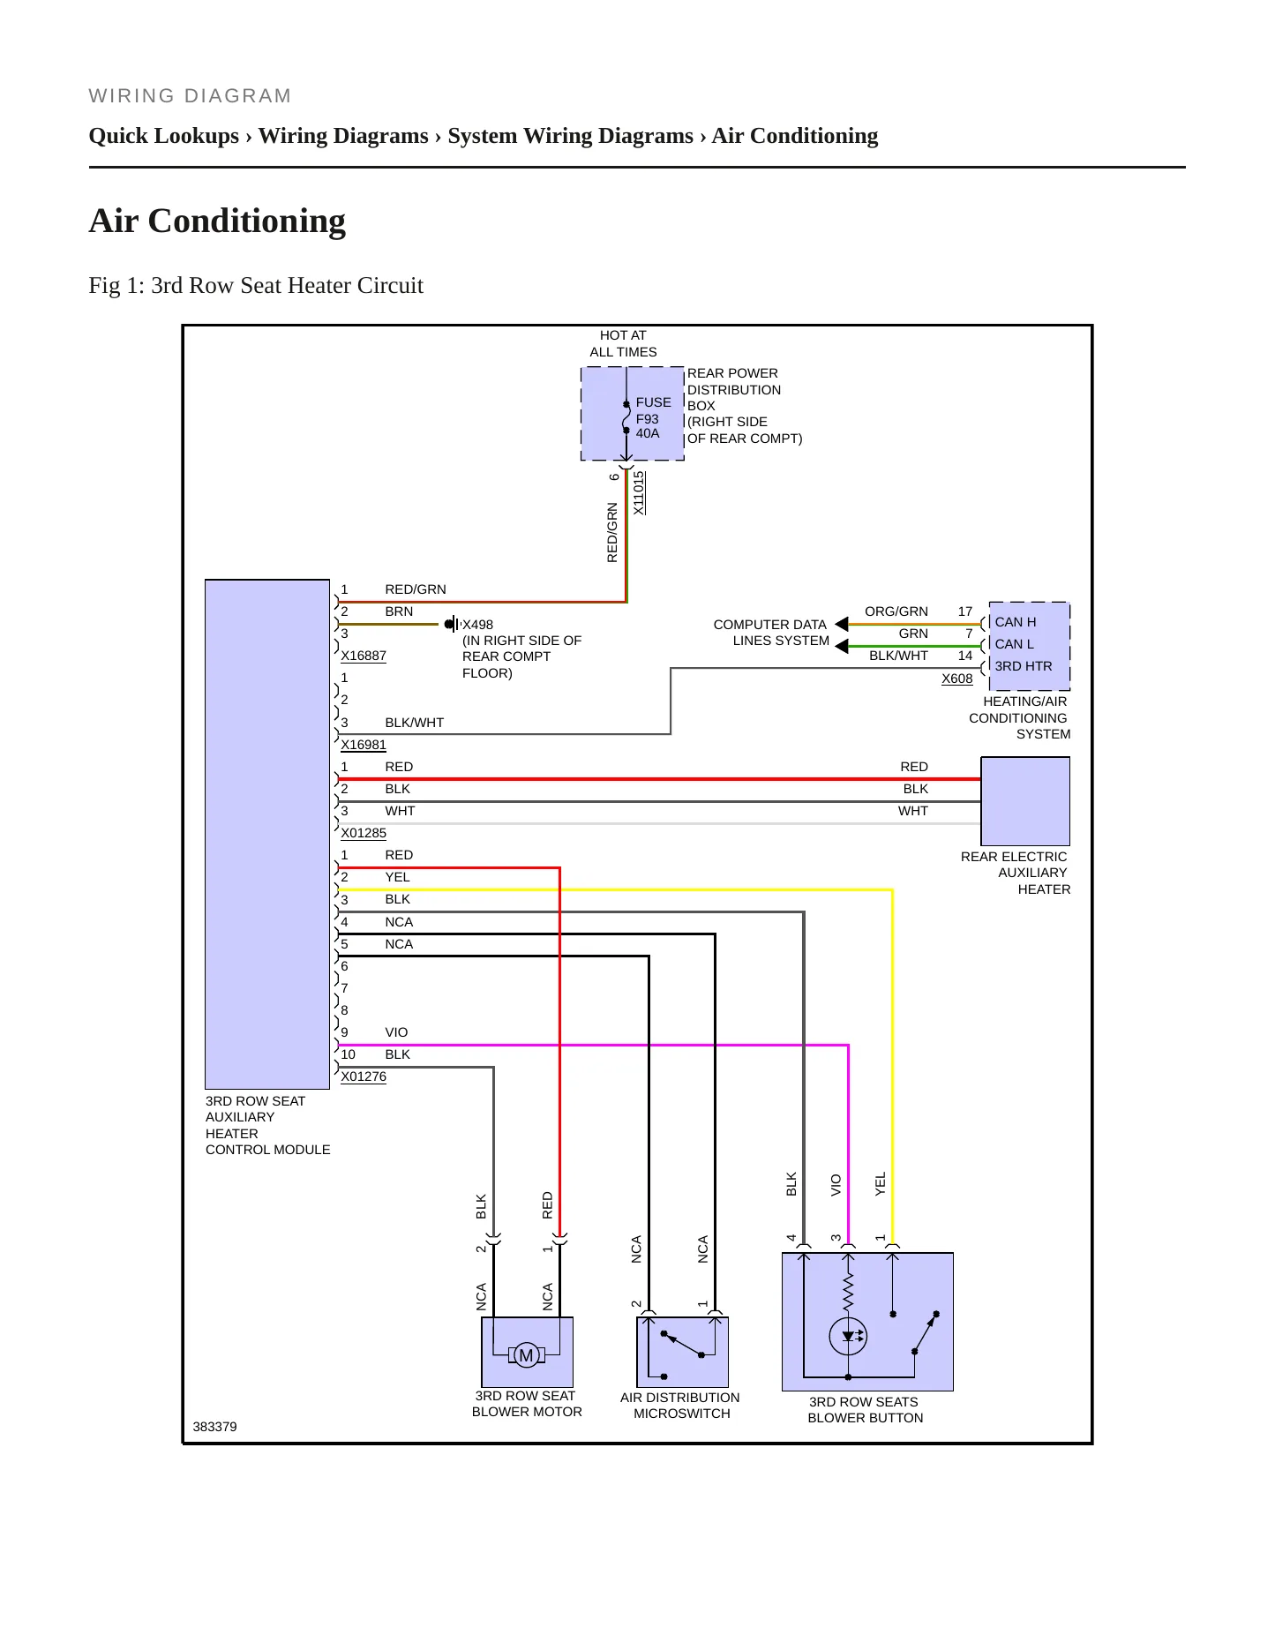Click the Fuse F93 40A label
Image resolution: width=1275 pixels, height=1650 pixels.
click(x=653, y=417)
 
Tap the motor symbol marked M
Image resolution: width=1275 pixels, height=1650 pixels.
click(x=526, y=1355)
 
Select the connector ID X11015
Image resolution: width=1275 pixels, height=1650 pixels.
click(x=639, y=492)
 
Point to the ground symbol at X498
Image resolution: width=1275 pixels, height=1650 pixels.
click(x=452, y=624)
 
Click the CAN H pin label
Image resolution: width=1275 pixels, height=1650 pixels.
click(x=1015, y=622)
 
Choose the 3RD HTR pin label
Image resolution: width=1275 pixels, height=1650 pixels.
click(x=1023, y=666)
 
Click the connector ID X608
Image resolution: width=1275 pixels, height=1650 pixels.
click(x=956, y=679)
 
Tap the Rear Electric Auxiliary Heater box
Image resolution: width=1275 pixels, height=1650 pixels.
click(x=1025, y=801)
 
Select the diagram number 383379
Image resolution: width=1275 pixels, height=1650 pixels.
click(x=214, y=1427)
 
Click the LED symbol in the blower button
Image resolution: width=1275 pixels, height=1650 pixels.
click(x=848, y=1337)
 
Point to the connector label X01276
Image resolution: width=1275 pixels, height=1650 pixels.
click(x=364, y=1076)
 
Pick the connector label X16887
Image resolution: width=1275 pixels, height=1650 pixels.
click(x=364, y=656)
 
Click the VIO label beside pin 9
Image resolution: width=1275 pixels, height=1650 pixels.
click(x=396, y=1032)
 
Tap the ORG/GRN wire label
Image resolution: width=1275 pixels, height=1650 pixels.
click(x=896, y=611)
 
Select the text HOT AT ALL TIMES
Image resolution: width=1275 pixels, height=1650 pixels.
click(x=623, y=343)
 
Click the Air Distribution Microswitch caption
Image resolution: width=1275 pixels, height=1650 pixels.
click(x=680, y=1406)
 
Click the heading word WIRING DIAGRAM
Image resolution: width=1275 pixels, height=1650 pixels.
click(x=190, y=95)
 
